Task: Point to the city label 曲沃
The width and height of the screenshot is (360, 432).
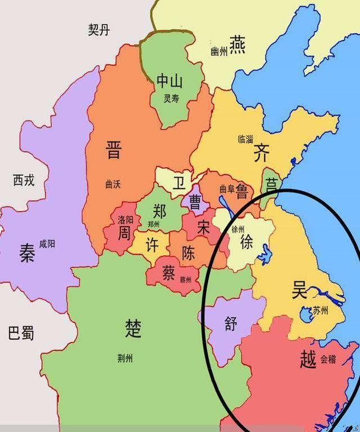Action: tap(113, 183)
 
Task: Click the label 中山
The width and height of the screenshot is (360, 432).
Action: tap(169, 82)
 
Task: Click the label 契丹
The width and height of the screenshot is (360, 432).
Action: tap(98, 30)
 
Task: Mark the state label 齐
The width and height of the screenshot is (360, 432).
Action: tap(262, 152)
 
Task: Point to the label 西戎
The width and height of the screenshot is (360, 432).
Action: tap(24, 180)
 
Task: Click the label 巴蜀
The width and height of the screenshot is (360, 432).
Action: tap(21, 333)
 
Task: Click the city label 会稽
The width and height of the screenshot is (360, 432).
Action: tap(328, 359)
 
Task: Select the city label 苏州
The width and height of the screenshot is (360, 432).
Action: tap(325, 310)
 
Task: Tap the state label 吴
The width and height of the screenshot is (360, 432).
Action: tap(299, 290)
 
